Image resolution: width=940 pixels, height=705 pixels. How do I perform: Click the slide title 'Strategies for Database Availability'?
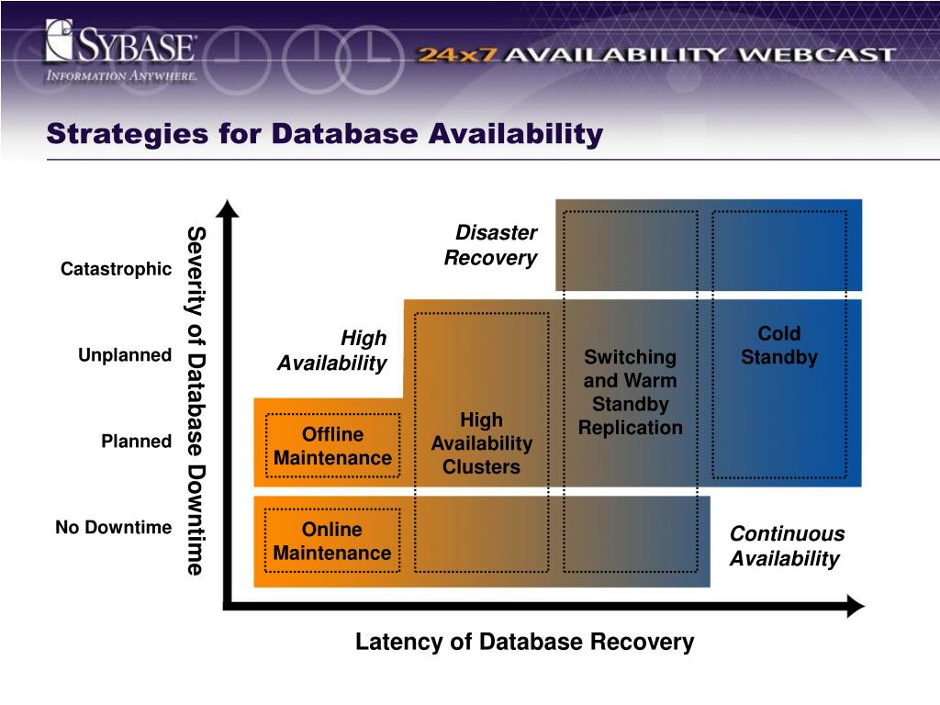click(x=325, y=134)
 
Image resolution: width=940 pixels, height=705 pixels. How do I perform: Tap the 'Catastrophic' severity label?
click(x=116, y=269)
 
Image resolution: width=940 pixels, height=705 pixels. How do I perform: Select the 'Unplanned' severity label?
click(x=125, y=355)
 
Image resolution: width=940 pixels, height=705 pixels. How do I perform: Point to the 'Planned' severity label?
click(x=136, y=442)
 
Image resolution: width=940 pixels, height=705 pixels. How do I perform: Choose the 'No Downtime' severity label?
click(x=113, y=528)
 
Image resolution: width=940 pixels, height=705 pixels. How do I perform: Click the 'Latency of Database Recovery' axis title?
click(x=524, y=642)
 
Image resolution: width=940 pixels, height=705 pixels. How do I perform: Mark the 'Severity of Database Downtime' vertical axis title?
click(x=196, y=400)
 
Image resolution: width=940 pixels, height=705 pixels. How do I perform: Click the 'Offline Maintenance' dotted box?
click(x=332, y=446)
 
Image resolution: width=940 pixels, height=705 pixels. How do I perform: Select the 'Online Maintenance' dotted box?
click(x=332, y=542)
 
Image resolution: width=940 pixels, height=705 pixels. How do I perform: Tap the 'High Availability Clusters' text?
click(x=481, y=443)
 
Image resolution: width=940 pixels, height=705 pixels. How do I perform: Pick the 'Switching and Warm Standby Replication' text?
click(x=630, y=392)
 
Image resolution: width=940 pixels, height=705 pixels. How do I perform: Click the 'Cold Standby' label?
click(x=778, y=345)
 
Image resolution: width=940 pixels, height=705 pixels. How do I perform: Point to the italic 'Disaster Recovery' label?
click(x=491, y=246)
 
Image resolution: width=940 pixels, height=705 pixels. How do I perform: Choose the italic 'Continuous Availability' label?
click(x=787, y=546)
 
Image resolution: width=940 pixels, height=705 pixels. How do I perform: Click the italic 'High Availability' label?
click(x=332, y=352)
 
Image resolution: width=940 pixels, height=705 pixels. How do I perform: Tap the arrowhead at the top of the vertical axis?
click(x=229, y=208)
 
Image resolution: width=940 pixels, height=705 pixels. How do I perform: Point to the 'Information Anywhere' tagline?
click(x=121, y=76)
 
